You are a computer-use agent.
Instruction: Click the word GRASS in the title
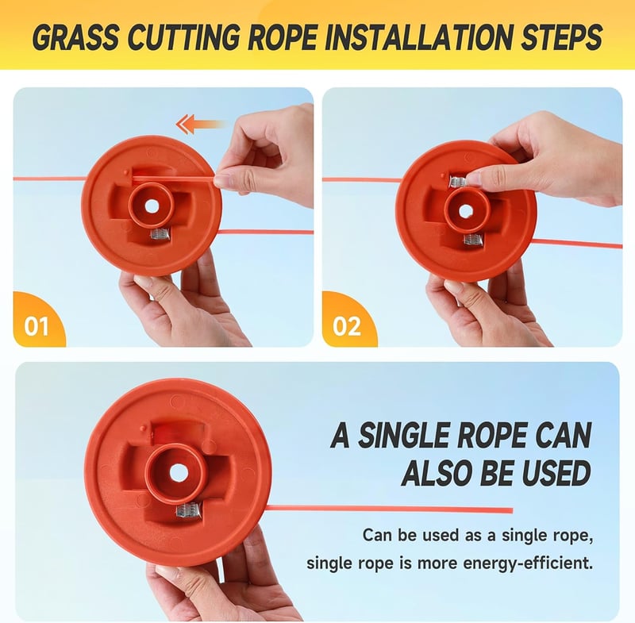click(75, 37)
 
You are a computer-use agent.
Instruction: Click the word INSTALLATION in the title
click(412, 37)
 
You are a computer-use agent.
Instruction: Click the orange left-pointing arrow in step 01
click(200, 124)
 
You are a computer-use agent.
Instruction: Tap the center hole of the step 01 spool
click(152, 206)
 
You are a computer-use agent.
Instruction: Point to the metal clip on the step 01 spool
click(158, 234)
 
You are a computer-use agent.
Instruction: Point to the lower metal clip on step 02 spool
click(472, 240)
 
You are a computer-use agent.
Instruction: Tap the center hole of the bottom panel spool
click(175, 473)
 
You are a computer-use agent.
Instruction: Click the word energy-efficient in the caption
click(528, 563)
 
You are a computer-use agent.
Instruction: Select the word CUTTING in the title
click(184, 37)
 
